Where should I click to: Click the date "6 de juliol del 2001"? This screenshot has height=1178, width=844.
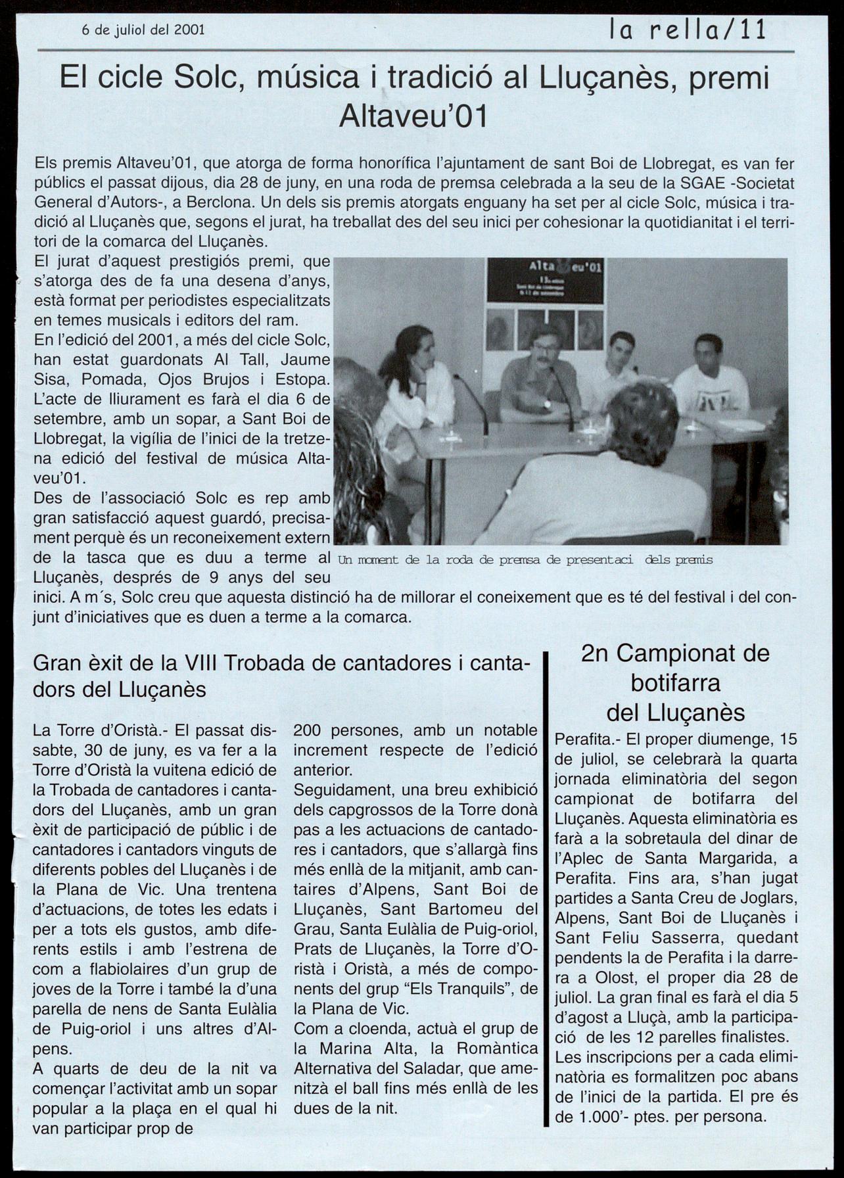pos(143,30)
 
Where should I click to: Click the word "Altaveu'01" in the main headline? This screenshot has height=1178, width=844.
pos(413,117)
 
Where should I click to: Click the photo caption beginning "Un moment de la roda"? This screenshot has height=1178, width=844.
pos(525,560)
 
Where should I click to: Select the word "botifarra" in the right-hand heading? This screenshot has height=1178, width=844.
pos(676,683)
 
